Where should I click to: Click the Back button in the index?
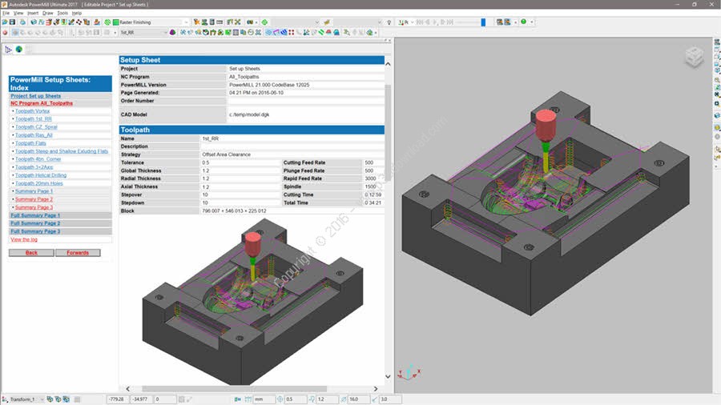31,253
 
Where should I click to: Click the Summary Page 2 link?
34,199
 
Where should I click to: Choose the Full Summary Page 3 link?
35,231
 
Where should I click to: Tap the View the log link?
23,239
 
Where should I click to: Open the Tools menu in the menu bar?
62,14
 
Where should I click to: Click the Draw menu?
47,14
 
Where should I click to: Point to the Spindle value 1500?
369,186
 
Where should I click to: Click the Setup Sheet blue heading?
140,60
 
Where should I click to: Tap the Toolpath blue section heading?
135,130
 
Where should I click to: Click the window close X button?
712,5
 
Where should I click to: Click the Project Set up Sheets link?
35,96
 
